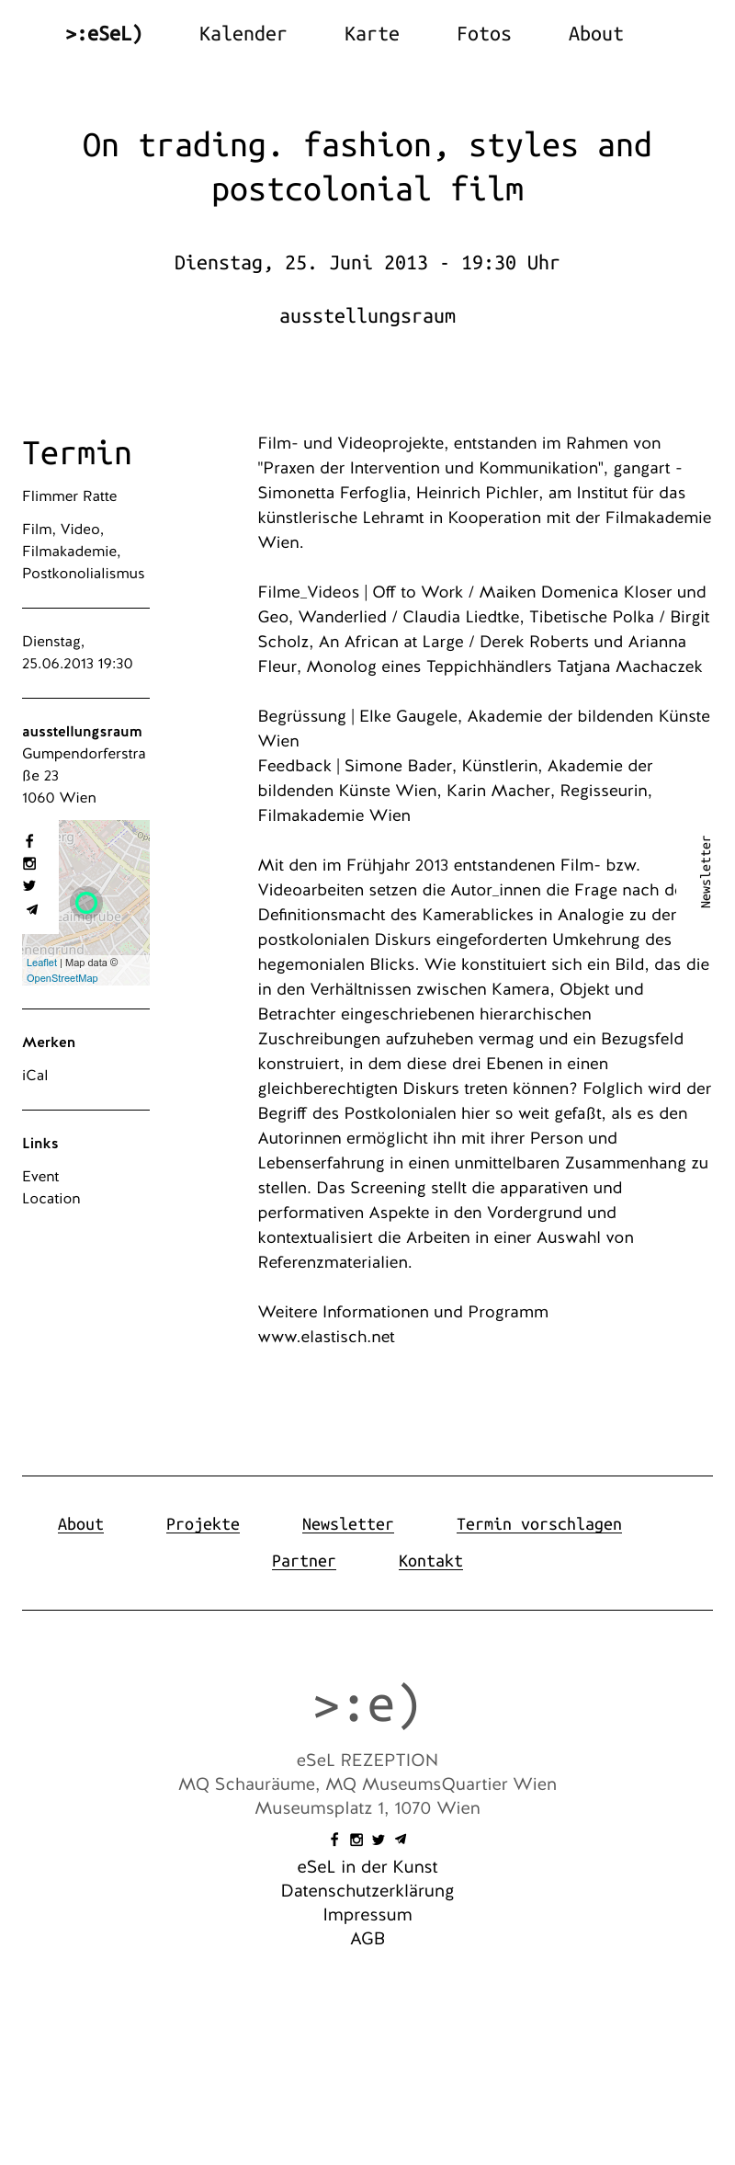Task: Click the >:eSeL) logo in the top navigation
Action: click(x=104, y=34)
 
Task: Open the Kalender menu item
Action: click(x=243, y=34)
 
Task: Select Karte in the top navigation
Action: click(x=371, y=34)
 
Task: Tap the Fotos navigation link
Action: click(x=483, y=34)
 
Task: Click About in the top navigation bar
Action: click(x=595, y=34)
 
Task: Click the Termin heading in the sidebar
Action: click(x=77, y=453)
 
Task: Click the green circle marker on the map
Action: click(x=86, y=902)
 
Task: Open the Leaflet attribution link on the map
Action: click(x=41, y=963)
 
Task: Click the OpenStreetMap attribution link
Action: click(x=62, y=978)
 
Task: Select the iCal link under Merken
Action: click(x=35, y=1075)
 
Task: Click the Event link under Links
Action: click(x=40, y=1176)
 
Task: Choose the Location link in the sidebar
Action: click(x=51, y=1198)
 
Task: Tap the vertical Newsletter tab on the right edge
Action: click(x=706, y=872)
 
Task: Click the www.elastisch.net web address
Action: click(x=326, y=1337)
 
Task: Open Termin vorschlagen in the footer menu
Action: click(x=538, y=1524)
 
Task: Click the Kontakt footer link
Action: click(x=430, y=1561)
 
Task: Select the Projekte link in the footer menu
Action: click(x=202, y=1524)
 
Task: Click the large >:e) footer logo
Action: click(x=367, y=1705)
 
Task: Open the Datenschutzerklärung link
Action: click(x=367, y=1890)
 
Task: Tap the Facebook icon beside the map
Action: click(x=29, y=841)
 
